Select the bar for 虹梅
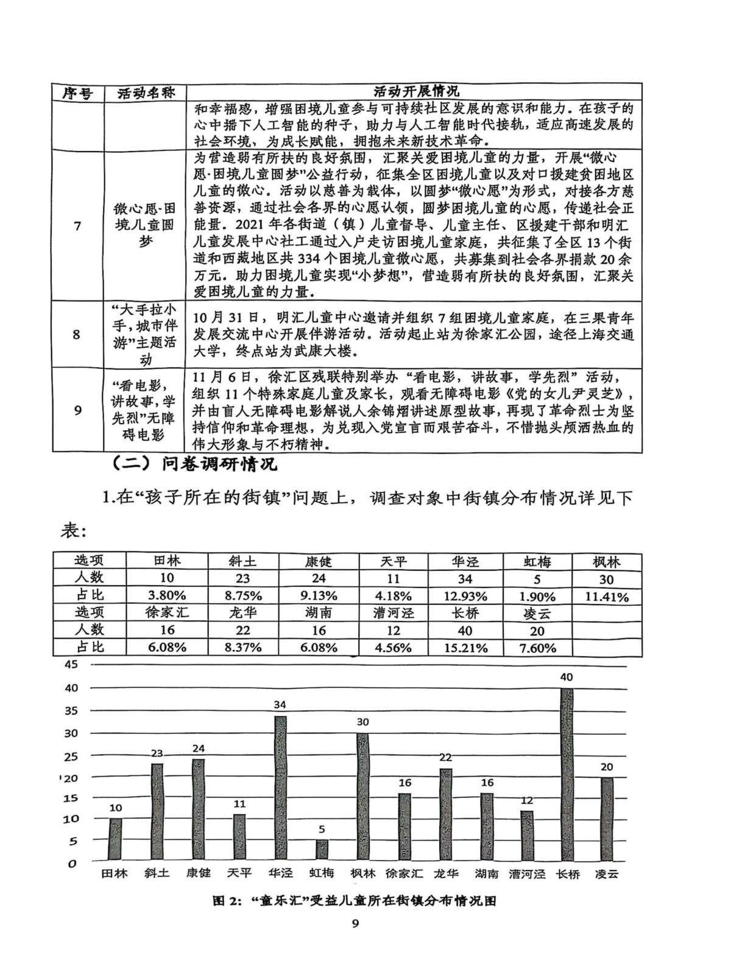(322, 850)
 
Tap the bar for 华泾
(280, 788)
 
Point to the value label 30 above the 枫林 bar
(362, 722)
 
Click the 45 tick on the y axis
(71, 664)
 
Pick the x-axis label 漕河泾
(526, 873)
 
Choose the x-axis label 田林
(115, 873)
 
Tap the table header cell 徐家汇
(167, 613)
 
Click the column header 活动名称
(145, 93)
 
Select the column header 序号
(77, 93)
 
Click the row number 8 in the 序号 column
(77, 334)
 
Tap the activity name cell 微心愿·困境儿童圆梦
(145, 225)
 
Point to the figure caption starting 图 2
(354, 901)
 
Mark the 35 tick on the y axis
(71, 710)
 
